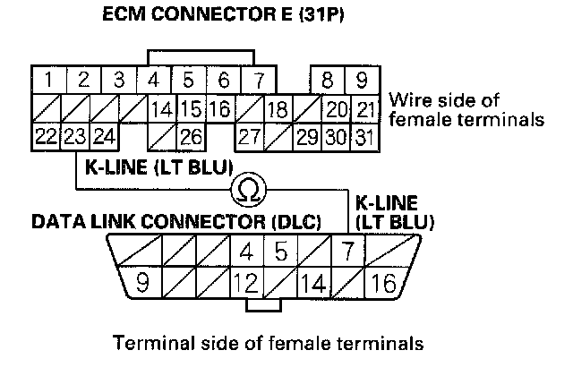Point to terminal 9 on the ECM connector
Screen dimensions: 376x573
[x=362, y=80]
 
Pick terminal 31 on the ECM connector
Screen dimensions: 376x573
[x=362, y=138]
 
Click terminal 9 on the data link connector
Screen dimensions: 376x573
[x=141, y=285]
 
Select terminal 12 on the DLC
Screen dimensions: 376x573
[x=243, y=285]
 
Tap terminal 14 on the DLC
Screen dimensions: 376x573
[x=314, y=285]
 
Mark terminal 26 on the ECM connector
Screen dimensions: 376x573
[x=189, y=138]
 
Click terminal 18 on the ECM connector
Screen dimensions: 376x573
[x=278, y=110]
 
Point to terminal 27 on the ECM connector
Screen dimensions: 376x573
[x=249, y=138]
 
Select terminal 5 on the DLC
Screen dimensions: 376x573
[x=280, y=252]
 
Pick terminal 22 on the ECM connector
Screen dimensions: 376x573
[x=46, y=138]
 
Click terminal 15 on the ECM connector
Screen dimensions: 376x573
[x=189, y=110]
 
